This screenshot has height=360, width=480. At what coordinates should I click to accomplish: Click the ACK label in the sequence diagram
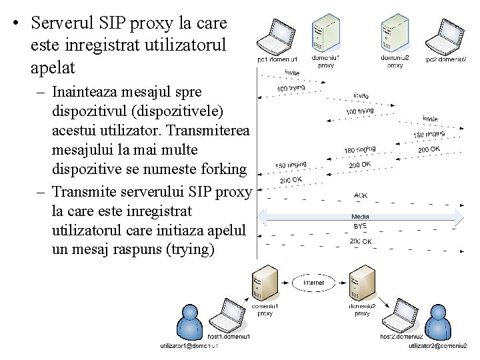360,196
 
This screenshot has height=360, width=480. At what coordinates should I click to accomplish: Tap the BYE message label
360,227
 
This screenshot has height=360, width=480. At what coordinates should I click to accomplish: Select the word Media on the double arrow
360,217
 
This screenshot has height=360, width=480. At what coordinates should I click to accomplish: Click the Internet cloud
313,283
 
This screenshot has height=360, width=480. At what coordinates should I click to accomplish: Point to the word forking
218,169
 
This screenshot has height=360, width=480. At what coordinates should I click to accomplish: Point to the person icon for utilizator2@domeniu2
439,324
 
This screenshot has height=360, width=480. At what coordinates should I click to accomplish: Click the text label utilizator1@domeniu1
193,346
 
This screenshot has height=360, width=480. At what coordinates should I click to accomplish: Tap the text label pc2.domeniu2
446,59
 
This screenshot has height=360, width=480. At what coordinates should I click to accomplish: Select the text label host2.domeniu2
401,337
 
